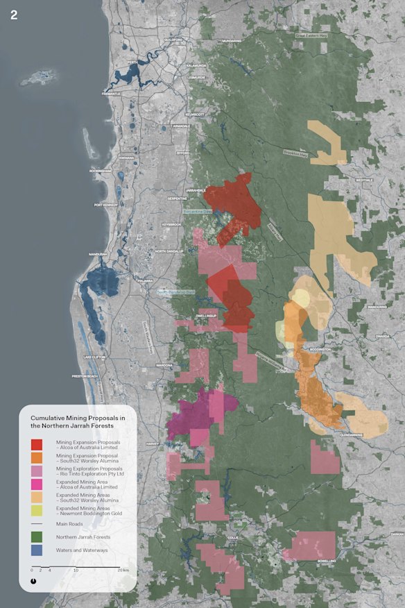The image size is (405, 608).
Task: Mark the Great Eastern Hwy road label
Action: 311,35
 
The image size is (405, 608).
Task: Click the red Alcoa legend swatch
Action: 37,444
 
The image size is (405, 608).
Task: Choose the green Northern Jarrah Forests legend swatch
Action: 37,537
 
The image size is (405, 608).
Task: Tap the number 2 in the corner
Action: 14,15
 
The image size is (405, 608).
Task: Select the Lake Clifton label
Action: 93,357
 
